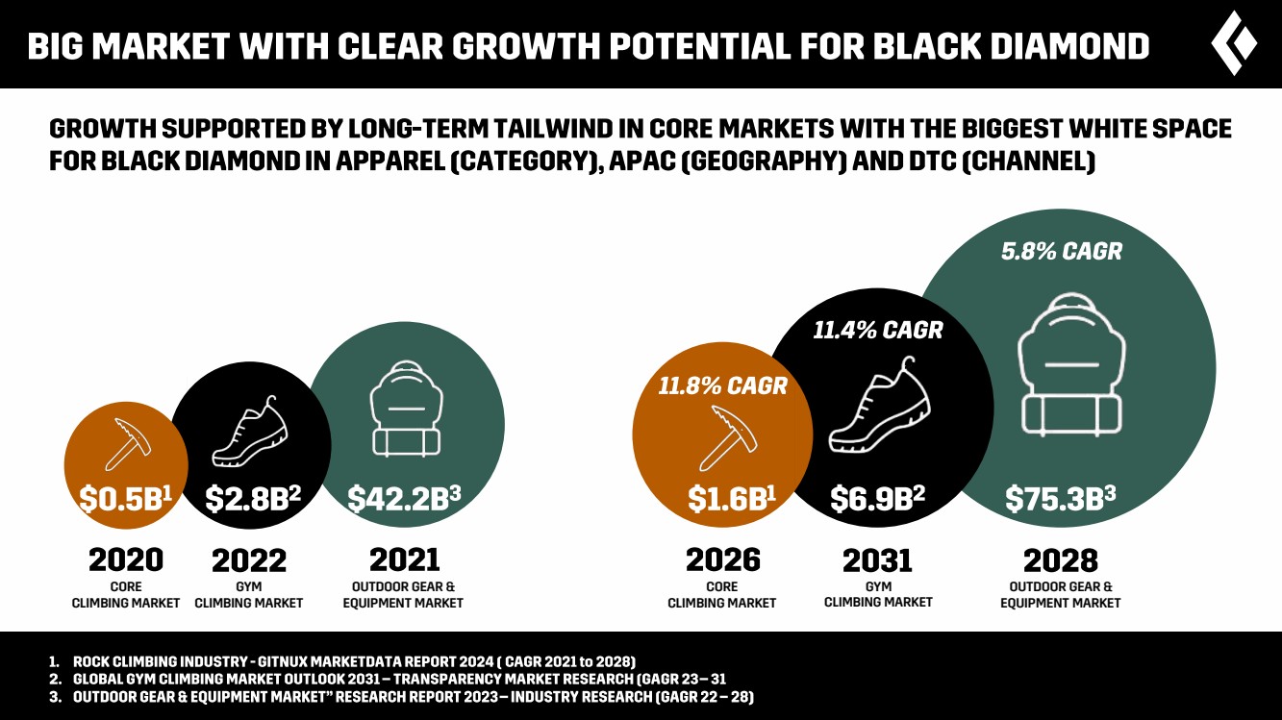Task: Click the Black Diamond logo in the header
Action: pyautogui.click(x=1235, y=43)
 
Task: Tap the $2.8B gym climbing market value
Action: pyautogui.click(x=253, y=498)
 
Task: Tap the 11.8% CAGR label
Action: pyautogui.click(x=722, y=386)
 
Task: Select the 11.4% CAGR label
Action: pyautogui.click(x=878, y=331)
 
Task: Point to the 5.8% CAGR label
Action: pyautogui.click(x=1061, y=252)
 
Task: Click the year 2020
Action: pyautogui.click(x=126, y=559)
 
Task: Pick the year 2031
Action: pyautogui.click(x=877, y=559)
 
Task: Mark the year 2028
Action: pyautogui.click(x=1061, y=559)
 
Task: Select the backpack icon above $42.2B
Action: pyautogui.click(x=404, y=419)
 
